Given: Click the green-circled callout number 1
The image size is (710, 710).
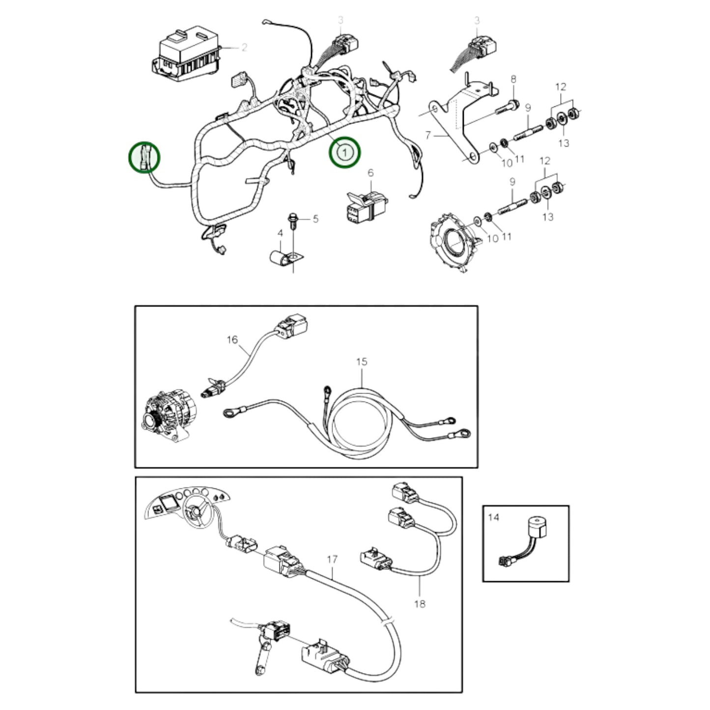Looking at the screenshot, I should coord(344,152).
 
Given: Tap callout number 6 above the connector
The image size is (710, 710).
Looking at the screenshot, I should coord(370,172).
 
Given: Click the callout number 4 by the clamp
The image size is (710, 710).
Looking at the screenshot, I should coord(281,232).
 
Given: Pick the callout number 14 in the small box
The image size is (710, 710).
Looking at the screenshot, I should coord(493,517).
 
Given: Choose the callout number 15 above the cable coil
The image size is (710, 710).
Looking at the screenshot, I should coord(362,362).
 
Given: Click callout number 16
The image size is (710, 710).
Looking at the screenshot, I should coord(232,340).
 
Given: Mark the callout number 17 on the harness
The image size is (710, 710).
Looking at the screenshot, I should coord(332,559).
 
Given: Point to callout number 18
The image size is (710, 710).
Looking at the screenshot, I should coord(420,603).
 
